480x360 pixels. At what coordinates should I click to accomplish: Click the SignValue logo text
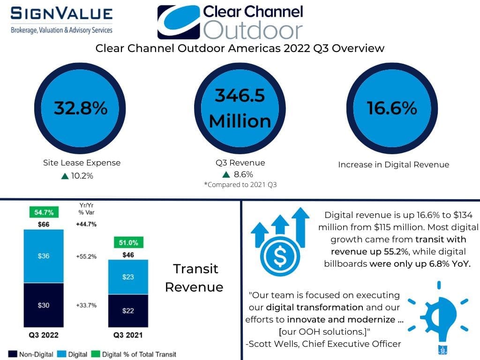[x=61, y=14]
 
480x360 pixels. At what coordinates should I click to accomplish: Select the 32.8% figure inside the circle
[x=81, y=108]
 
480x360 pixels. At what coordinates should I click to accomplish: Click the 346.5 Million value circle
[x=240, y=108]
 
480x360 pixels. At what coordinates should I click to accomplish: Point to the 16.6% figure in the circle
[x=392, y=108]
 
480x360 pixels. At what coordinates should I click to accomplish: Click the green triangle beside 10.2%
[x=65, y=176]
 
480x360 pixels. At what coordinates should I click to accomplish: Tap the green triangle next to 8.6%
[x=226, y=174]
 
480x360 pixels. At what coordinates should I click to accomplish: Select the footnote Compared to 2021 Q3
[x=240, y=185]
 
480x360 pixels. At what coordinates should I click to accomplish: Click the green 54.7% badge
[x=44, y=212]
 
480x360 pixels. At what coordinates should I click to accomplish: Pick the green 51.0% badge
[x=128, y=242]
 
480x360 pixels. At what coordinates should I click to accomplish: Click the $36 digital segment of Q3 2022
[x=44, y=256]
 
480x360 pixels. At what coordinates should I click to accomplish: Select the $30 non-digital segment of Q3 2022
[x=44, y=305]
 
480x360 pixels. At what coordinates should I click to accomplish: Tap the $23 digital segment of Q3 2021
[x=128, y=277]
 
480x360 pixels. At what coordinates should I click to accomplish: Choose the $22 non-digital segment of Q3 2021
[x=128, y=311]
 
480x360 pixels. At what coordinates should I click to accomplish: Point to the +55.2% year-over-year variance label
[x=86, y=256]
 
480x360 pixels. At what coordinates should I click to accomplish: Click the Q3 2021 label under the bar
[x=128, y=335]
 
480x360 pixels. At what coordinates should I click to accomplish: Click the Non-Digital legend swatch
[x=13, y=354]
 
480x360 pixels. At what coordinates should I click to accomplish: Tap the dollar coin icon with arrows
[x=280, y=241]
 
